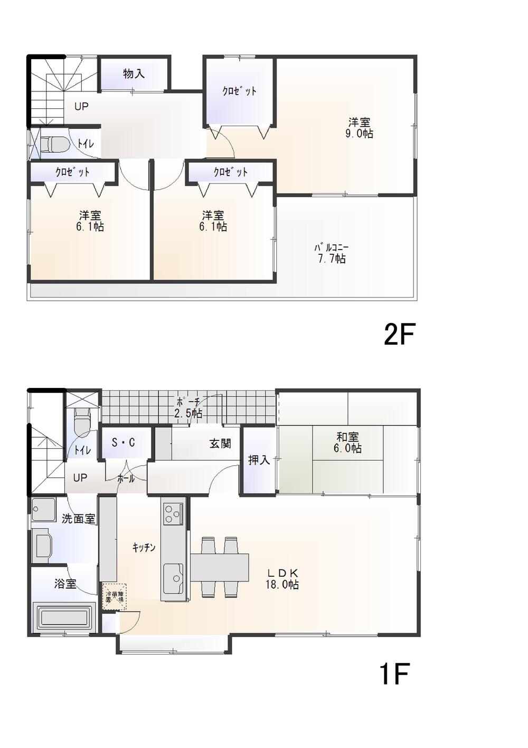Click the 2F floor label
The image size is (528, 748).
(400, 335)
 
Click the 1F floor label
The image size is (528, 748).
(393, 675)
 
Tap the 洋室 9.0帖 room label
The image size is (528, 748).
(359, 128)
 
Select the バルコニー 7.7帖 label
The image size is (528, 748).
(332, 253)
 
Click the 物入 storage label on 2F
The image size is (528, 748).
(134, 73)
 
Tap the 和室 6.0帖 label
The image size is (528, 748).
(348, 442)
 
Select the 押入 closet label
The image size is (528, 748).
(259, 460)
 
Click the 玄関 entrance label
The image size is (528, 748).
(220, 444)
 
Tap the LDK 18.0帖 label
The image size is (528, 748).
(282, 578)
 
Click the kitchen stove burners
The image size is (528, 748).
(172, 513)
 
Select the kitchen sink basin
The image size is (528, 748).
(173, 578)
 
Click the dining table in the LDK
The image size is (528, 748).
(219, 567)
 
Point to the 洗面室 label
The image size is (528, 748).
(78, 519)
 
